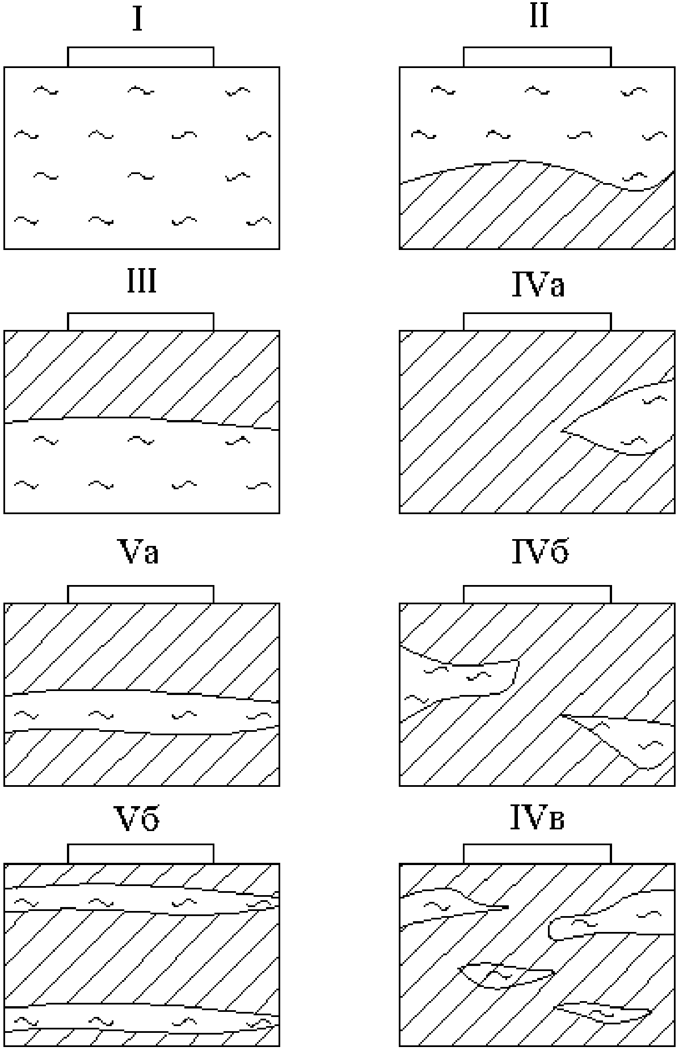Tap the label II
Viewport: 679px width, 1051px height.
(538, 17)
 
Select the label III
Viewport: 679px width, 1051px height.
(141, 282)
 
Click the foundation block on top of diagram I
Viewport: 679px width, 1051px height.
(141, 57)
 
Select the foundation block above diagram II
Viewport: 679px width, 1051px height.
(537, 57)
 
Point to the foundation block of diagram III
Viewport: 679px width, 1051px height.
(141, 321)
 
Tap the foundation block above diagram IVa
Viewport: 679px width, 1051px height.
(537, 321)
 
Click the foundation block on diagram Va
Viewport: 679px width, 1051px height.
(141, 594)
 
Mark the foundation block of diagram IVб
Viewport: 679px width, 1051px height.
(537, 594)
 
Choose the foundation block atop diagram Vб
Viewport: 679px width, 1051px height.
(141, 853)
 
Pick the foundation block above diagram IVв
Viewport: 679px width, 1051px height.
(537, 853)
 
